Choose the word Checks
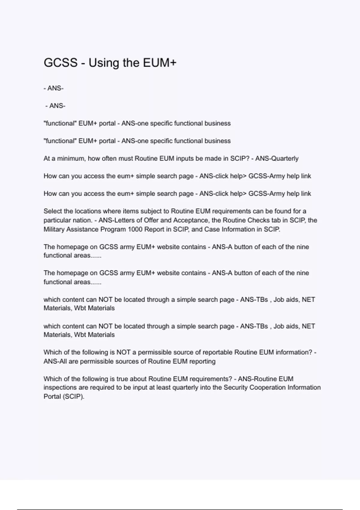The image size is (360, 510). pyautogui.click(x=259, y=220)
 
